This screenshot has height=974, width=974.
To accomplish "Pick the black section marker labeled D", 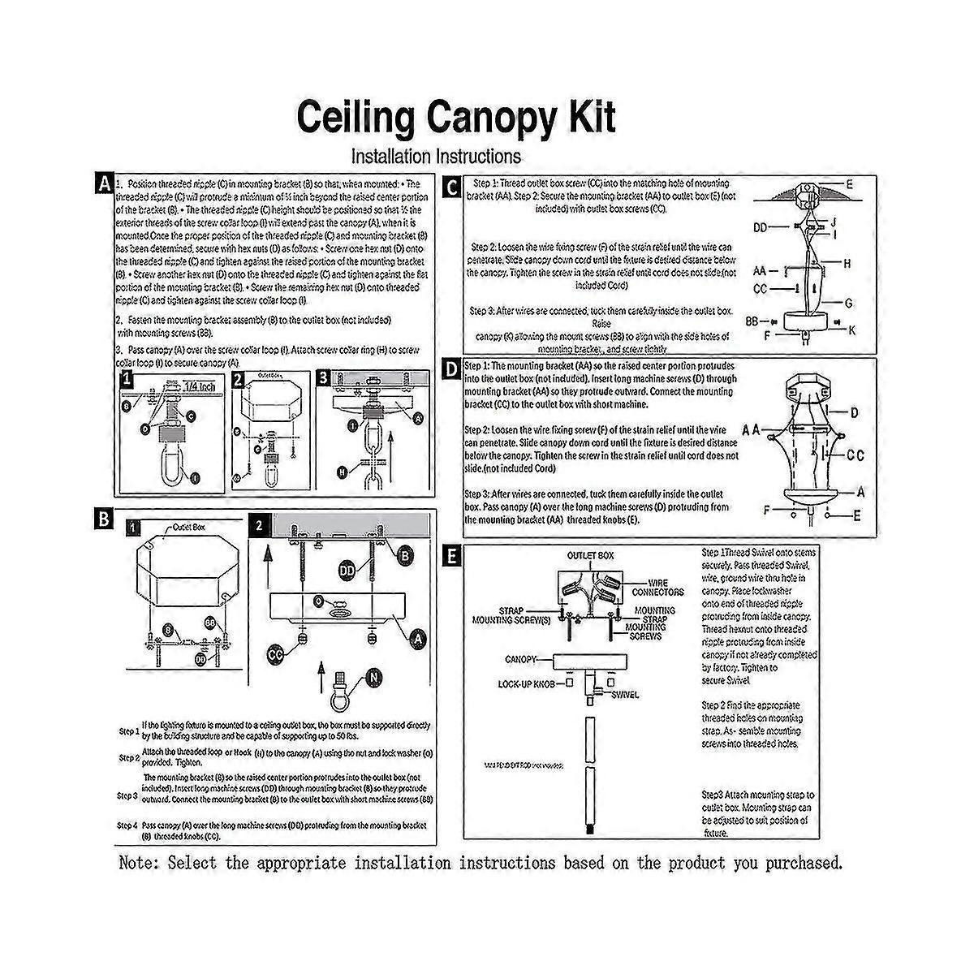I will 452,370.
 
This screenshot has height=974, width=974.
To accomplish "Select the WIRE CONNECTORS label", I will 665,588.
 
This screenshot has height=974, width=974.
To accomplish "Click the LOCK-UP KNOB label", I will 526,684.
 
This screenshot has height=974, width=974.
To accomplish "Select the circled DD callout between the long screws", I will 347,572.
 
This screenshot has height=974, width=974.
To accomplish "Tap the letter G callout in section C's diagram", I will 849,303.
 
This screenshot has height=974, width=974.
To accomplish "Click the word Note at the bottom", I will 139,862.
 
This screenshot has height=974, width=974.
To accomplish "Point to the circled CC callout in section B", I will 278,654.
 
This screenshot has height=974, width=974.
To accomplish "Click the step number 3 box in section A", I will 322,378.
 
